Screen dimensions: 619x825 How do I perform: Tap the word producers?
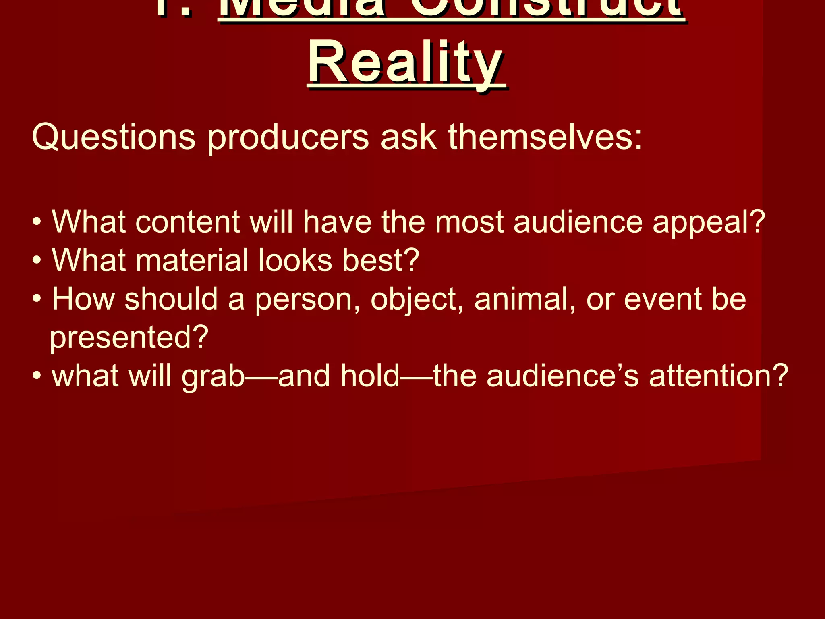288,137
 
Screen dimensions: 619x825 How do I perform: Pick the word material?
192,260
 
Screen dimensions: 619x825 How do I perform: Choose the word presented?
129,338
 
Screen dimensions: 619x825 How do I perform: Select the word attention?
717,376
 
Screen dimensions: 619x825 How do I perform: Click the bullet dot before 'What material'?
37,261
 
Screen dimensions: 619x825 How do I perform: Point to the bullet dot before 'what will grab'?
37,376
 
